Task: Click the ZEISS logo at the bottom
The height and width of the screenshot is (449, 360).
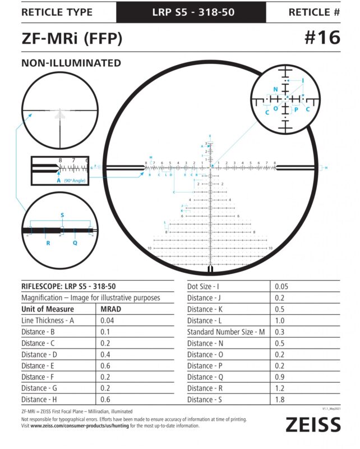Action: coord(313,425)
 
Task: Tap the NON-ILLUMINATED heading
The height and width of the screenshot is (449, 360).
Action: coord(71,63)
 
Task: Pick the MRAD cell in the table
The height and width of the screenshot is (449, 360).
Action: coord(111,309)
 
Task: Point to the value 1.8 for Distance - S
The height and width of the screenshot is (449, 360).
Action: coord(280,399)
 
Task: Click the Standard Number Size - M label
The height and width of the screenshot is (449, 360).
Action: coord(226,332)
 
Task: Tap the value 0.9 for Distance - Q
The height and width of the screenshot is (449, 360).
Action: coord(280,377)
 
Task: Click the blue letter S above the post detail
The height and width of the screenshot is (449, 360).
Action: coord(62,216)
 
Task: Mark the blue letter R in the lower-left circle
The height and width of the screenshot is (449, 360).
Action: coord(48,243)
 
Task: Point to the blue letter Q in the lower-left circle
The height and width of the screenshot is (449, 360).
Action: coord(75,243)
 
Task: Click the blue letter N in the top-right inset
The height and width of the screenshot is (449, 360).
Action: coord(275,90)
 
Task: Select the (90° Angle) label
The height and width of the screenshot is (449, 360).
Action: coord(75,181)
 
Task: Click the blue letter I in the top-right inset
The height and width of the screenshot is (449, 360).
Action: coord(303,81)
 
